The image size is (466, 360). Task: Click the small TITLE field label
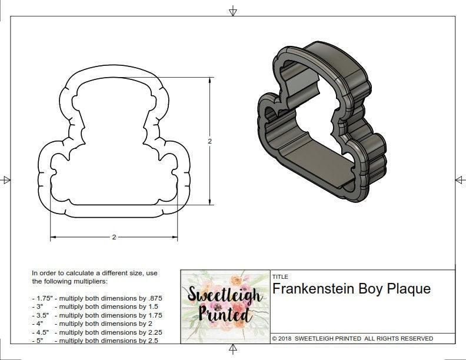pyautogui.click(x=279, y=276)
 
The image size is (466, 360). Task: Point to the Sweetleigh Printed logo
pyautogui.click(x=224, y=306)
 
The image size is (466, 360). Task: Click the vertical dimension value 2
pyautogui.click(x=209, y=141)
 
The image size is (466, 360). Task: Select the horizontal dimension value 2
pyautogui.click(x=114, y=237)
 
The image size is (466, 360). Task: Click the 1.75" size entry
pyautogui.click(x=42, y=298)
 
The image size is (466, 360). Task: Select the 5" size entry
pyautogui.click(x=39, y=340)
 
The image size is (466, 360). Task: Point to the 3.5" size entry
pyautogui.click(x=41, y=315)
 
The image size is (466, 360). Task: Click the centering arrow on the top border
pyautogui.click(x=233, y=11)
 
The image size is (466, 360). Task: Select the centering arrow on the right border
pyautogui.click(x=458, y=179)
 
